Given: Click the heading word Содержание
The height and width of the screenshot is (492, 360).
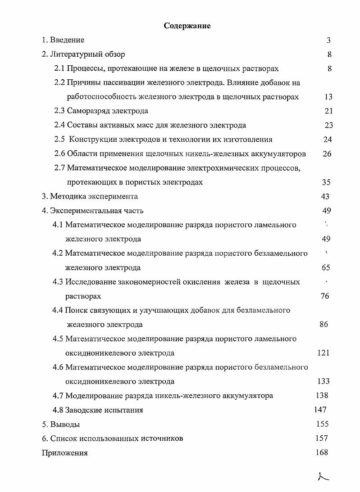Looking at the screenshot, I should point(187,26).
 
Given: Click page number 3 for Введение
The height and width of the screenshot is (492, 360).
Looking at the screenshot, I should point(328,40).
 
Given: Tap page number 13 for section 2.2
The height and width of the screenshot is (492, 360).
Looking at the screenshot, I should point(328,97).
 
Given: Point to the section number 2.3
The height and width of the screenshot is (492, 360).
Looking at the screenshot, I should point(60,111).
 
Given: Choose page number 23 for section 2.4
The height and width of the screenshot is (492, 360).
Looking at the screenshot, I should point(328,125).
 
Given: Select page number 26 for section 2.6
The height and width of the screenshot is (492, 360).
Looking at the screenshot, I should point(328,153).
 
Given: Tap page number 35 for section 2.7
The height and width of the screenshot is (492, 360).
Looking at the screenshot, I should point(327,182).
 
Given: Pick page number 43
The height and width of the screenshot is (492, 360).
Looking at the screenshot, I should point(324,196).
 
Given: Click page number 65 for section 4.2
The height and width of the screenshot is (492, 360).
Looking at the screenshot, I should point(326,267).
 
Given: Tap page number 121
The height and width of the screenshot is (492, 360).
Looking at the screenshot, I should point(323,352).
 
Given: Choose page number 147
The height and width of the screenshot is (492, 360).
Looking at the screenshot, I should point(320,410).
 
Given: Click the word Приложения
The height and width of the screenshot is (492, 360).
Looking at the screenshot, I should point(64,453).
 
